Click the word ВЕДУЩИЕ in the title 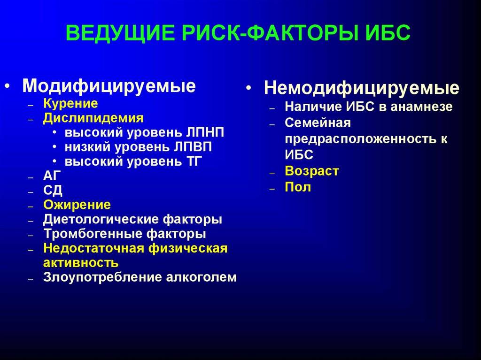tap(120, 33)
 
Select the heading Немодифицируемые tap(362, 89)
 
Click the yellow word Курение tap(70, 104)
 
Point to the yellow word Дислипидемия tap(93, 118)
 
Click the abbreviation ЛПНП tap(205, 133)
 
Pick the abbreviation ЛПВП tap(193, 147)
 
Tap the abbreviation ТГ tap(194, 161)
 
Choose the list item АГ tap(52, 176)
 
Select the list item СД tap(53, 191)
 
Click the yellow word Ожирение tap(77, 205)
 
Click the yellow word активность tap(81, 263)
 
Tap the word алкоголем tap(201, 277)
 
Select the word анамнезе tap(421, 107)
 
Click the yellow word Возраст tap(312, 171)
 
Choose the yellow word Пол tap(298, 187)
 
